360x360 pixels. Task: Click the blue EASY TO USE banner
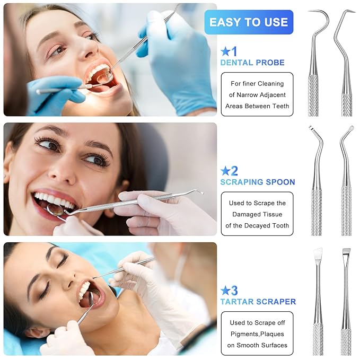(248, 22)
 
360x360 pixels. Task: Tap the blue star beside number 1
(225, 51)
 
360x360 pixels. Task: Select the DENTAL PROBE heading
(252, 63)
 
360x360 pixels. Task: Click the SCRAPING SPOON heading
(257, 182)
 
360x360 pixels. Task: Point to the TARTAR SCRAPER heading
(258, 302)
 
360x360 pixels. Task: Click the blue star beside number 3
(225, 291)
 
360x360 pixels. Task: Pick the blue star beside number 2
(225, 171)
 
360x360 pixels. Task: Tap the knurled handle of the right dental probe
(347, 101)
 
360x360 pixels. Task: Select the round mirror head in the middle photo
(56, 210)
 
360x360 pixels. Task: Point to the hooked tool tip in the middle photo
(199, 192)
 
